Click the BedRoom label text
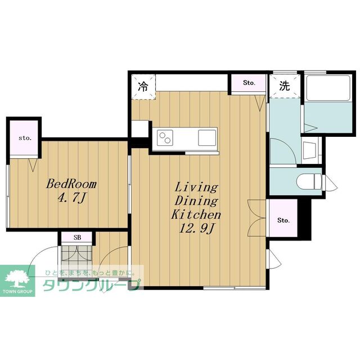tap(71, 184)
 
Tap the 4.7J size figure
tap(71, 198)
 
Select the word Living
tap(196, 188)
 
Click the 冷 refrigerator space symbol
tap(143, 87)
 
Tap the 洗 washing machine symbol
tap(285, 86)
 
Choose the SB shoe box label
tap(77, 237)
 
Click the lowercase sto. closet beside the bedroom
tap(25, 138)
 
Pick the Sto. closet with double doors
tap(283, 220)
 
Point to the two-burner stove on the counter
tap(165, 137)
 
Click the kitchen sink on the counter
tap(207, 137)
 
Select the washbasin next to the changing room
tap(310, 150)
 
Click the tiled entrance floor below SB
tap(76, 257)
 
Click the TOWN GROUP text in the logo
tap(17, 292)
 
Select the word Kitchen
tap(196, 215)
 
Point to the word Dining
tap(196, 201)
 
